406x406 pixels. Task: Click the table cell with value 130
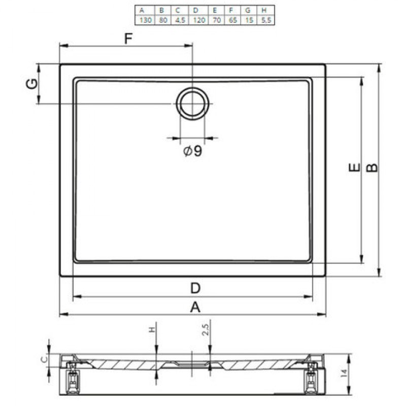tap(145, 20)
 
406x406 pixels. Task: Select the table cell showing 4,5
tap(180, 20)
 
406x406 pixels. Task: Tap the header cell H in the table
tap(265, 10)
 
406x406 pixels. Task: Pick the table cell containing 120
tap(198, 20)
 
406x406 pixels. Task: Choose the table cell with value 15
tap(249, 20)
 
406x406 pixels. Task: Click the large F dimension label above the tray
tap(128, 39)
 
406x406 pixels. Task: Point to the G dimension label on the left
tap(32, 84)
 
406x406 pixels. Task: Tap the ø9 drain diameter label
tap(192, 151)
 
